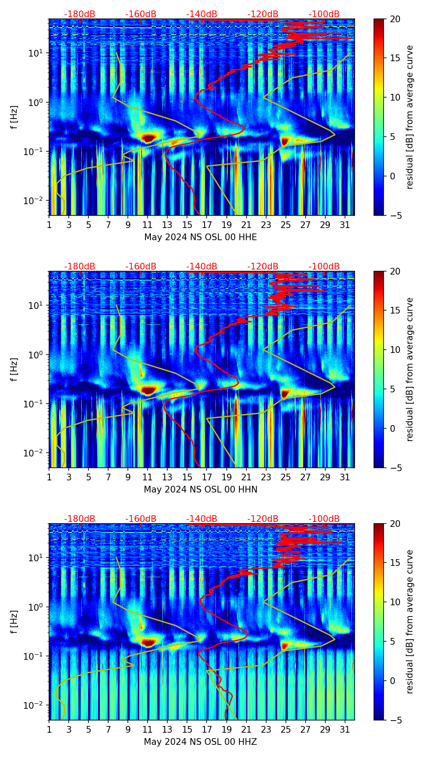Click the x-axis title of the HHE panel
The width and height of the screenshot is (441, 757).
point(200,237)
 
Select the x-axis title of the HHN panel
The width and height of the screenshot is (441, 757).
point(200,490)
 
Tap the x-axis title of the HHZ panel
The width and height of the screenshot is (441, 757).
point(200,742)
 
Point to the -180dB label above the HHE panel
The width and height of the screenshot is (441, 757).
point(80,14)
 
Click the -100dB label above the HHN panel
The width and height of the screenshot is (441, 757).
point(324,267)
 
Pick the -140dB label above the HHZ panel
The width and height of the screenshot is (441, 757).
point(202,519)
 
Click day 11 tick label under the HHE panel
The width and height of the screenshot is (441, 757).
point(148,225)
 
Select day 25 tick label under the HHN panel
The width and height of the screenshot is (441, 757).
point(285,477)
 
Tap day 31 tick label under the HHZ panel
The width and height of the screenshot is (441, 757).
point(345,730)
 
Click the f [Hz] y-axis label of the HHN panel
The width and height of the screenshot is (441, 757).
point(14,369)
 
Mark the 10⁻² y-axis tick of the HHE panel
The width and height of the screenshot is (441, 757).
point(36,201)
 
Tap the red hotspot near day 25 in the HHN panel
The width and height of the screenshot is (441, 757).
point(285,393)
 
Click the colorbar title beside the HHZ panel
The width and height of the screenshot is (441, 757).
point(410,622)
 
